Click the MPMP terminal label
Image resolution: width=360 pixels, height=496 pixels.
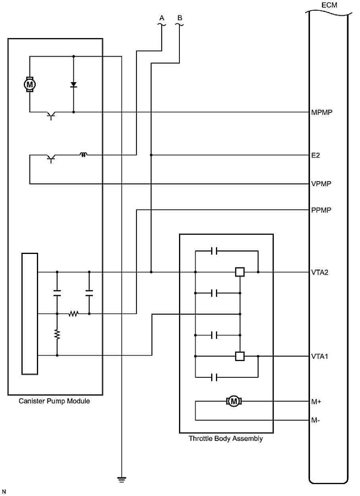321,112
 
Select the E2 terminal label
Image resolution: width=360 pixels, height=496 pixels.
316,155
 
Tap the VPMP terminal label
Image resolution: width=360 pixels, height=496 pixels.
321,184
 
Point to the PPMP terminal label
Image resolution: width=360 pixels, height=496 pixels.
321,210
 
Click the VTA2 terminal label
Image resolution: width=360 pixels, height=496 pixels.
320,273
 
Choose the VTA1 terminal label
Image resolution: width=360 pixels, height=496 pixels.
320,356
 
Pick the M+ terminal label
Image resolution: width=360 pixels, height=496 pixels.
316,402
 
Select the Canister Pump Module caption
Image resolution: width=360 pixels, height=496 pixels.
54,401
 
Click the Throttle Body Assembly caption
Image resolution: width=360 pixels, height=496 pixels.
225,439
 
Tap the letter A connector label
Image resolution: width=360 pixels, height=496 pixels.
162,18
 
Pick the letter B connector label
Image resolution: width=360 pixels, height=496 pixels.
180,18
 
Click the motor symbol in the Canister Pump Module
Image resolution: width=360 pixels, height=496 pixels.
30,84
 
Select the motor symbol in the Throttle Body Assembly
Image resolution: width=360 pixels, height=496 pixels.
234,402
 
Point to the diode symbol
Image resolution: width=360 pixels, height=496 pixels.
73,85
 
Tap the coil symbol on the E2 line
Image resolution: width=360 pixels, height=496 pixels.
83,154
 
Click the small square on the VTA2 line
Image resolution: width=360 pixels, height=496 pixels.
240,272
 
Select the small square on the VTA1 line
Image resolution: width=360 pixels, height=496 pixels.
240,356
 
